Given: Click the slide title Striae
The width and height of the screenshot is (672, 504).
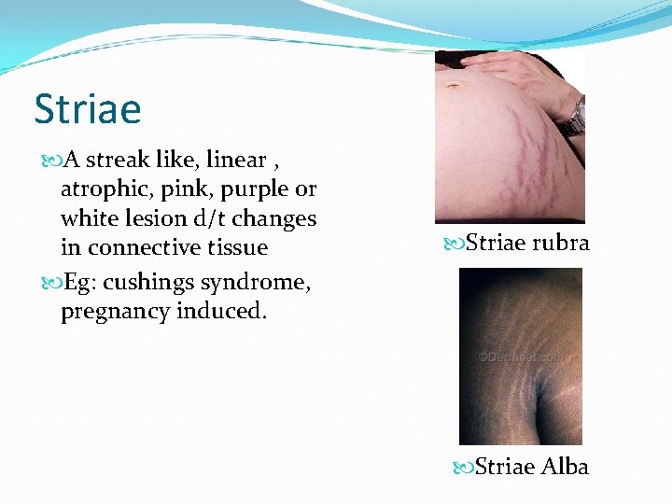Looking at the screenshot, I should tap(88, 108).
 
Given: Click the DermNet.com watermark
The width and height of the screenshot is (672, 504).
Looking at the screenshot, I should tap(521, 357).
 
